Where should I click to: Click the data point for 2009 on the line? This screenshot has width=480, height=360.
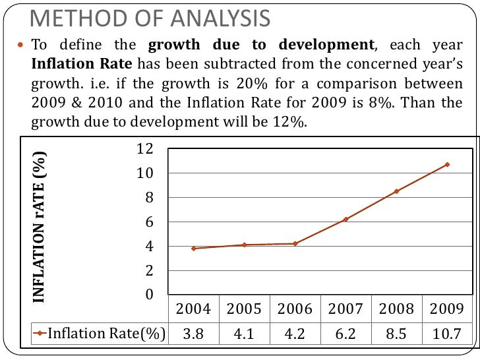click(447, 164)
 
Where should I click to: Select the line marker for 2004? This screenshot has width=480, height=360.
click(193, 249)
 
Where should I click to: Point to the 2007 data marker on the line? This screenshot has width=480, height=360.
click(345, 219)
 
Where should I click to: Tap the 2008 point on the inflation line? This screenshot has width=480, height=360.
click(396, 191)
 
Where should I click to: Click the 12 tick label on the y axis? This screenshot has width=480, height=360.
click(144, 149)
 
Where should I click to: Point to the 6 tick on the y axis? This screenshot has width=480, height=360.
click(150, 222)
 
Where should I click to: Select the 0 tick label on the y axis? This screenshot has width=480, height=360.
click(150, 295)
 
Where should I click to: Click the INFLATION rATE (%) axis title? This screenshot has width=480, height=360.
click(40, 227)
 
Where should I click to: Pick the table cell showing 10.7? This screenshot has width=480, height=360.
click(447, 334)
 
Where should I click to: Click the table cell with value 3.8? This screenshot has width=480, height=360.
click(193, 334)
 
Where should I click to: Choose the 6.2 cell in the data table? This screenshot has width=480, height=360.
click(345, 334)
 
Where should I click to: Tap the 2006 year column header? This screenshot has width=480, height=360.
click(295, 309)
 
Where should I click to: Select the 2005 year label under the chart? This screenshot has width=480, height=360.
click(244, 309)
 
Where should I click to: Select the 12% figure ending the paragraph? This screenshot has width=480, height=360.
click(290, 123)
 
